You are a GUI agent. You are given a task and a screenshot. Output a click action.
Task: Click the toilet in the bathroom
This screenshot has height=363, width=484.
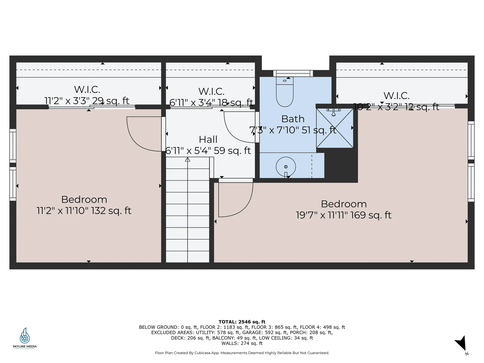coord(285,93)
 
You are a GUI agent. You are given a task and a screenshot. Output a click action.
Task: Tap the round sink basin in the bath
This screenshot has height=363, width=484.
coord(286,167)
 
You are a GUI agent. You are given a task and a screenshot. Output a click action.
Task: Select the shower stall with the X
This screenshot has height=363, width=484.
coord(335,128)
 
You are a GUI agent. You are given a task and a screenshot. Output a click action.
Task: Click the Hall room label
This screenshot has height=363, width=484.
coord(208,139)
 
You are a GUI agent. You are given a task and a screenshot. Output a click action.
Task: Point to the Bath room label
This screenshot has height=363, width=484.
coord(293,119)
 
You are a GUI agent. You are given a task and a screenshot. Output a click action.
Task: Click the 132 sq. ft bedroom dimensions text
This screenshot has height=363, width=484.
coord(84,211)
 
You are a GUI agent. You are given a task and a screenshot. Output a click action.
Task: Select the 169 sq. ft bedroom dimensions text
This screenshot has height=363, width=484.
coord(343,215)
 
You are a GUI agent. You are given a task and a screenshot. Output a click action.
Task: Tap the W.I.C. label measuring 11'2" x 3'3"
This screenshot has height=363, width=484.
coord(87,89)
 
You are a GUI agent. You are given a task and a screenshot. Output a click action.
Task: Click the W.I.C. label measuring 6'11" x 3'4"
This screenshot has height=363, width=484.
coord(211,92)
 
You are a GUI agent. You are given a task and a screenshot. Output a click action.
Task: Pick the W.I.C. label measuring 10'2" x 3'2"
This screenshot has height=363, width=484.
coord(396,96)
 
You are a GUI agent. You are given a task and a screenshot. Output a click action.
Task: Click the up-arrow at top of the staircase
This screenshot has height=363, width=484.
coord(188,160)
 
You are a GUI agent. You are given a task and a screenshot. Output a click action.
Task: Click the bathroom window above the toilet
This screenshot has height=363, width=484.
coord(293,73)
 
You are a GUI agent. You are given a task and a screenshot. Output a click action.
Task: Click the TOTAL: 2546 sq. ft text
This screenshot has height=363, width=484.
coord(242,322)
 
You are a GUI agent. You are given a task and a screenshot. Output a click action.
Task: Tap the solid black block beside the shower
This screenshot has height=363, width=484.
coord(340,164)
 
